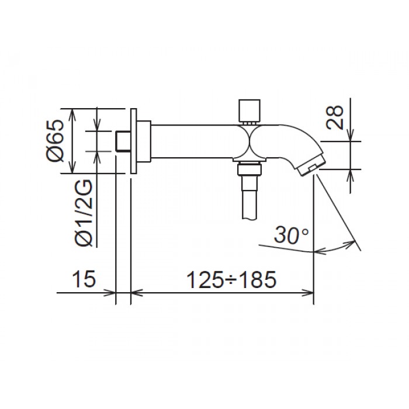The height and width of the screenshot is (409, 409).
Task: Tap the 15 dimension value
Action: tap(85, 280)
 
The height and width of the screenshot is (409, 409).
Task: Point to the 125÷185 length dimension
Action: tap(230, 280)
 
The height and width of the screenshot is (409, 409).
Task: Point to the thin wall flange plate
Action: tap(134, 141)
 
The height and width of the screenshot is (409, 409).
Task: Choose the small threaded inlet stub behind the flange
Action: tap(122, 141)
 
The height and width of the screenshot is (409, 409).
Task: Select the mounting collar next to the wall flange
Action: tap(144, 141)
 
